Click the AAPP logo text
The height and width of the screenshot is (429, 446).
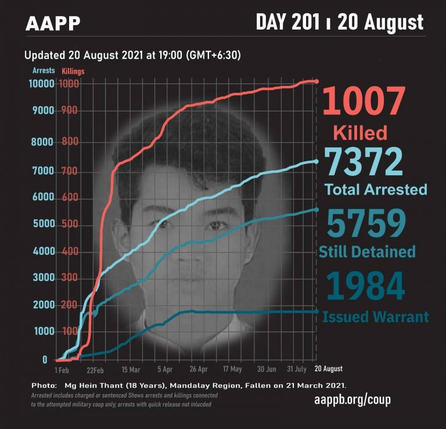[x=53, y=24]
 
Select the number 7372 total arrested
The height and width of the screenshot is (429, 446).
[x=363, y=163]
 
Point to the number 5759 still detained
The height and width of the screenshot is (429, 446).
[x=365, y=223]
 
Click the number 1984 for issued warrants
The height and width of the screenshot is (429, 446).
[x=365, y=287]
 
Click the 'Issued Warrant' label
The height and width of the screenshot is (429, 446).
[x=375, y=317]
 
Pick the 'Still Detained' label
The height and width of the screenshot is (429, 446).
[x=367, y=251]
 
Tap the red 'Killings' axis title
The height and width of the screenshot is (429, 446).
[x=73, y=71]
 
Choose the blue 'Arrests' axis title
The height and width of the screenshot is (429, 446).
[x=44, y=71]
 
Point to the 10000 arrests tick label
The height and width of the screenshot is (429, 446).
[x=41, y=84]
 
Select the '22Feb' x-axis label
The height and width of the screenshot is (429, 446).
[x=95, y=369]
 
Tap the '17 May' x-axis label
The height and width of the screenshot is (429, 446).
[x=232, y=369]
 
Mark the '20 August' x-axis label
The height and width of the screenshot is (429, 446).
[x=329, y=369]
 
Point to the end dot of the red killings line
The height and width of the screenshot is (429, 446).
[x=316, y=81]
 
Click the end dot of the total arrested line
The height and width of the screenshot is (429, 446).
[x=316, y=161]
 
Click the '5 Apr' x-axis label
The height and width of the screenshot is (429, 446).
[x=165, y=369]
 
